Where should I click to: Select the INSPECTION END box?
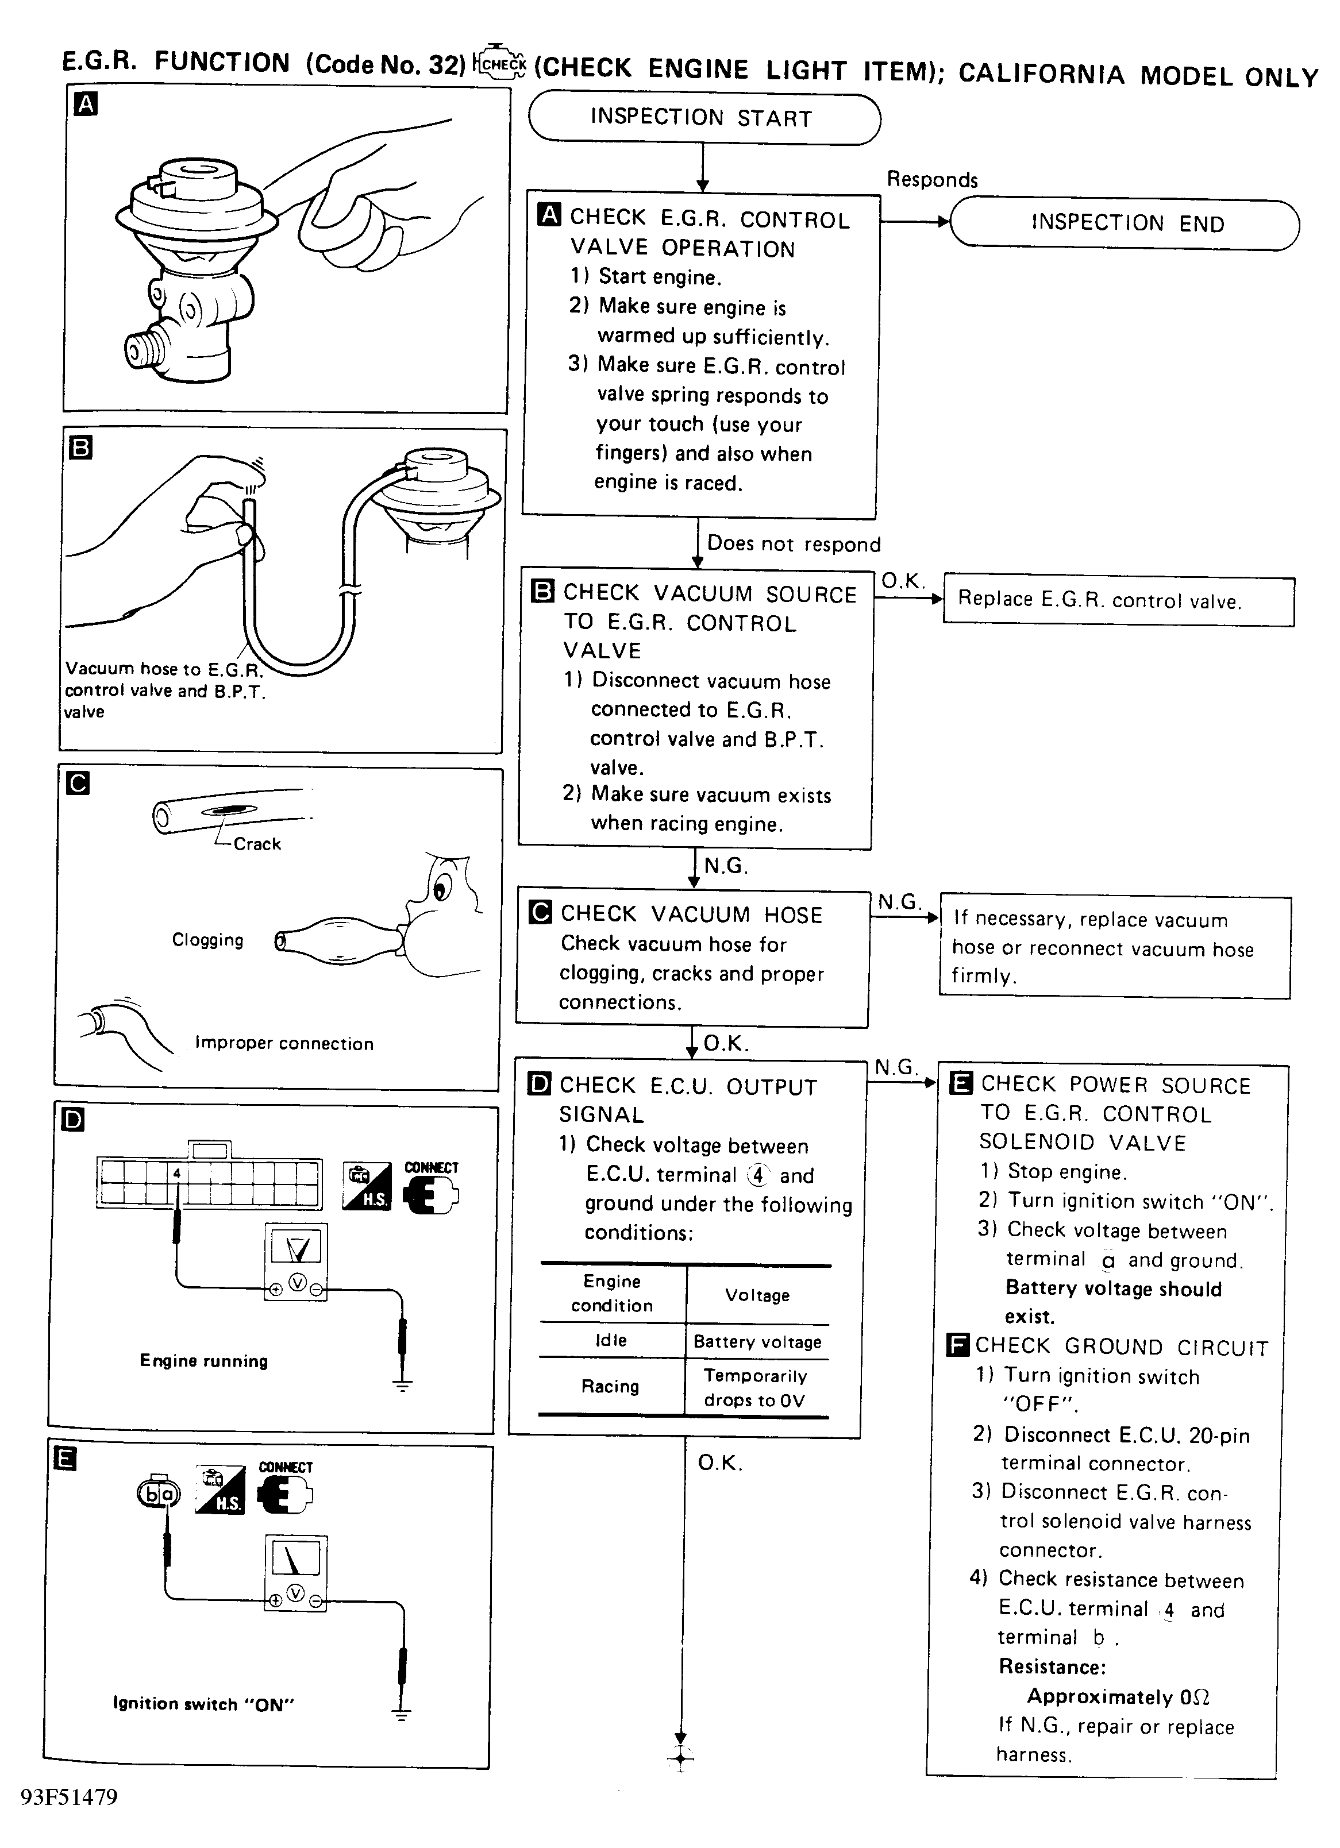pyautogui.click(x=1125, y=223)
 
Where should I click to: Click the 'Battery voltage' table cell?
pyautogui.click(x=757, y=1341)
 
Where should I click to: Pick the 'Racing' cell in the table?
pyautogui.click(x=610, y=1386)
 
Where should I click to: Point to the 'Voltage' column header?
pyautogui.click(x=757, y=1295)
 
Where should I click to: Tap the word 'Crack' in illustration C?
pyautogui.click(x=257, y=844)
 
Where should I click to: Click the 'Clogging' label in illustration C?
pyautogui.click(x=208, y=939)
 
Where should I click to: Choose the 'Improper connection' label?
pyautogui.click(x=284, y=1043)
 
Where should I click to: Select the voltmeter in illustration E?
pyautogui.click(x=295, y=1573)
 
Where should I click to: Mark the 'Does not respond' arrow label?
pyautogui.click(x=793, y=543)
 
